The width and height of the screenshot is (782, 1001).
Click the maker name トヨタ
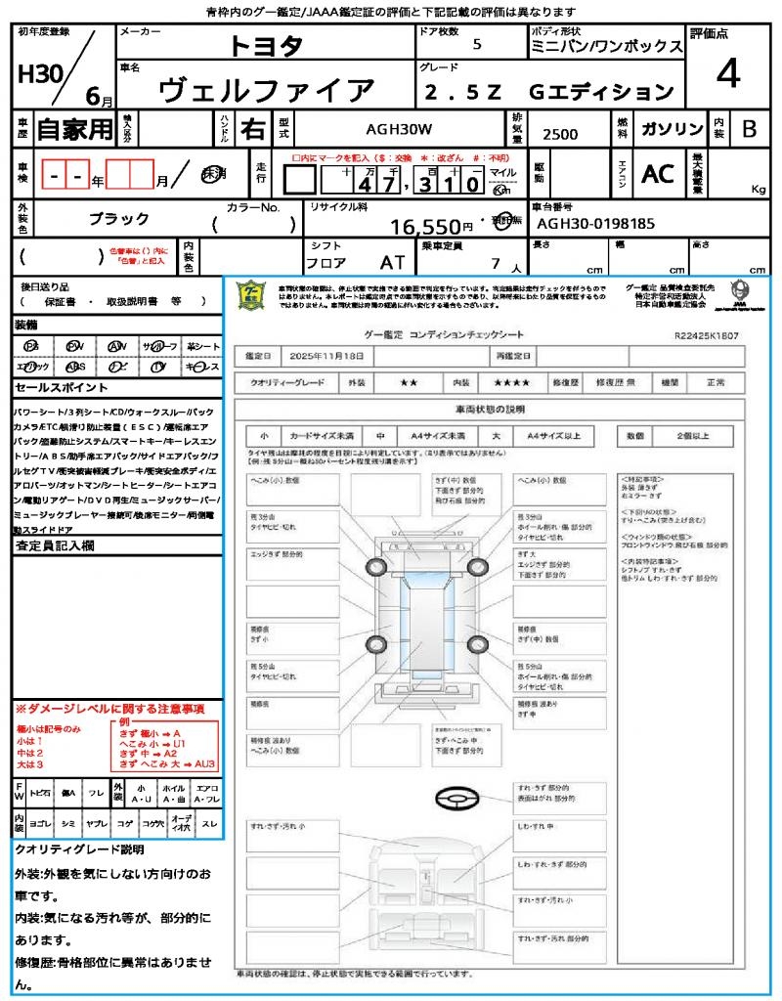(266, 46)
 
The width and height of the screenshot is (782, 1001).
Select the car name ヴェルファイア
(266, 91)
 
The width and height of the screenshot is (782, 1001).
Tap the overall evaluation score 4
(726, 74)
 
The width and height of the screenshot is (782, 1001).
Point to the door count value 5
(476, 45)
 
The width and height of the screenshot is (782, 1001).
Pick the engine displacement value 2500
(560, 134)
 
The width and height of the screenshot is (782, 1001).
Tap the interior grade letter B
(749, 129)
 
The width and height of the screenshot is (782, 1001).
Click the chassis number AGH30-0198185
(596, 224)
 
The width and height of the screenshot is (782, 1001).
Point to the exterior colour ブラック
(119, 219)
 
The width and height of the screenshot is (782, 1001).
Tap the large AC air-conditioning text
(658, 174)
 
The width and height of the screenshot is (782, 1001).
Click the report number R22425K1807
(706, 334)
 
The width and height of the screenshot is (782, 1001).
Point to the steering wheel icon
(454, 799)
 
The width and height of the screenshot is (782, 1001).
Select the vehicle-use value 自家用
(74, 129)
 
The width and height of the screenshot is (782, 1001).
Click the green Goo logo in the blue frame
(251, 295)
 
